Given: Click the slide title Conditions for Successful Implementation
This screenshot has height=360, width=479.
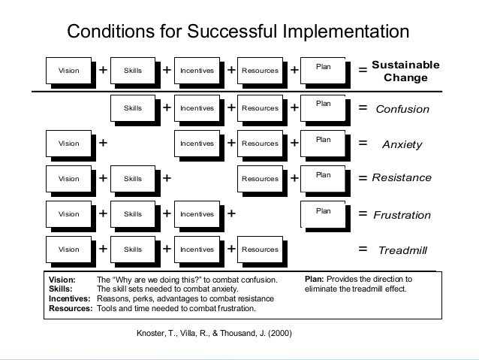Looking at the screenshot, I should point(239,32).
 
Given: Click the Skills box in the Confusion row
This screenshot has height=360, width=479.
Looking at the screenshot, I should point(133,108).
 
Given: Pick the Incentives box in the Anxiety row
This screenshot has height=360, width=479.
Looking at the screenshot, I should point(197,143).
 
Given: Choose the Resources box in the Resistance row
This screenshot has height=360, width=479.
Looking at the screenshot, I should point(261,178).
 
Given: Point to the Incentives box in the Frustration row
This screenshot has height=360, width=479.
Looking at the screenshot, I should point(197,213).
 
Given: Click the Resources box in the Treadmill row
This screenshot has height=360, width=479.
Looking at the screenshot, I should point(261,249).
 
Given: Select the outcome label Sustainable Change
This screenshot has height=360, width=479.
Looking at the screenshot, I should point(405,71).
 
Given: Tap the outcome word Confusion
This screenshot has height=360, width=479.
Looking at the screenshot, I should point(402,109).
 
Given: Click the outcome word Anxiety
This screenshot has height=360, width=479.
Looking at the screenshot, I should point(402,144).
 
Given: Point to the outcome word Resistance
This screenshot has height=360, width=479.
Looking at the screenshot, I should point(402,178).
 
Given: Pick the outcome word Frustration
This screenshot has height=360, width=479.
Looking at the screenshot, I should point(402,215).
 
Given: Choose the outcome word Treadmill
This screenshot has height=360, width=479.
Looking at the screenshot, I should point(402,250).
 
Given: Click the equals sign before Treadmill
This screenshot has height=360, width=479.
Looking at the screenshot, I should point(363,249).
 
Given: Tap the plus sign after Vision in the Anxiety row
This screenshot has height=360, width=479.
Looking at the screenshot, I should point(103,142).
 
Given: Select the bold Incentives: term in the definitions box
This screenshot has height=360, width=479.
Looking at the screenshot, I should point(69,298).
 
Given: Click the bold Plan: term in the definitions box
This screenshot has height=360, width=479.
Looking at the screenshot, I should point(314,279).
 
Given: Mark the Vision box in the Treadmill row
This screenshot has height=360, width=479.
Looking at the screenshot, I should point(68,249).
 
